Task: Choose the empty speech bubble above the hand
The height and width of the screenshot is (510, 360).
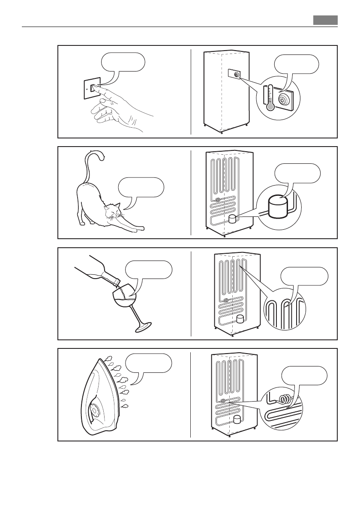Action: (x=123, y=62)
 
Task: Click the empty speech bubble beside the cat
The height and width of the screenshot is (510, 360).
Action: (x=141, y=187)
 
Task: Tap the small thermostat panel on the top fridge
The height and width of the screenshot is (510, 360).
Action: (x=234, y=74)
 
